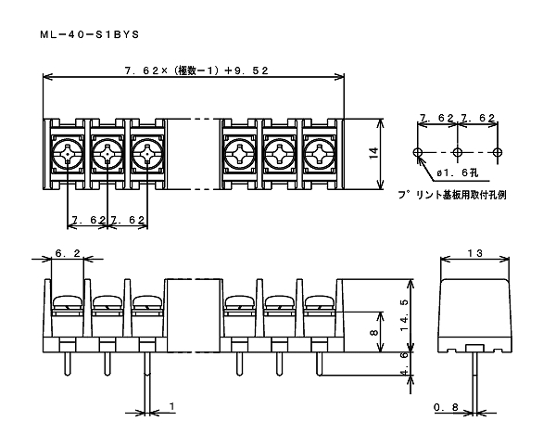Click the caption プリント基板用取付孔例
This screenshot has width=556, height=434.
coord(453,196)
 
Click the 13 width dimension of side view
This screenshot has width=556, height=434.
coord(475,251)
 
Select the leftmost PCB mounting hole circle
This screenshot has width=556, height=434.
coord(419,152)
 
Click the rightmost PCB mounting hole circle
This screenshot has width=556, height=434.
coord(499,152)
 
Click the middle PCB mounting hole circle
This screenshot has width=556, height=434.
coord(458,152)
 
